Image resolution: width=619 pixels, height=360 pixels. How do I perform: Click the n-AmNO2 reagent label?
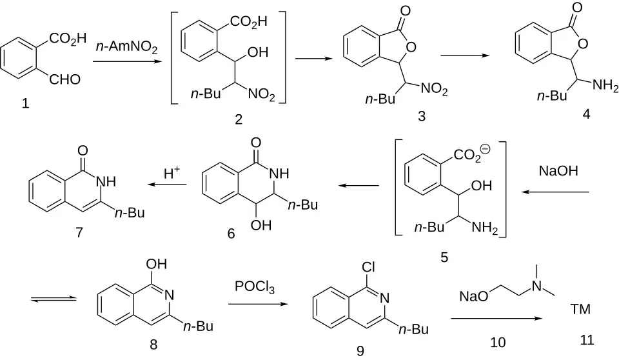[126, 48]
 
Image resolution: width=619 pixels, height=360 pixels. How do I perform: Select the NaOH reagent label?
[558, 171]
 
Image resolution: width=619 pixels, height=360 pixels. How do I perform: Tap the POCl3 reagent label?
[255, 287]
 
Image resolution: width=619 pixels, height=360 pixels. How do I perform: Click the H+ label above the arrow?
[172, 173]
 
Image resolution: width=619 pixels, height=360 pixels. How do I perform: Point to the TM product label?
[580, 308]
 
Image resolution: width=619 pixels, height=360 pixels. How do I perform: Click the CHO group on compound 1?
[64, 79]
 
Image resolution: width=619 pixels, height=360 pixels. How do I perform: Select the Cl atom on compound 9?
[368, 268]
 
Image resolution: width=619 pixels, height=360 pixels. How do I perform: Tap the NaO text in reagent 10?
[474, 296]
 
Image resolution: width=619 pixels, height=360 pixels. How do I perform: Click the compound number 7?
[79, 232]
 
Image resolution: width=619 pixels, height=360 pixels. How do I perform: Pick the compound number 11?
[587, 340]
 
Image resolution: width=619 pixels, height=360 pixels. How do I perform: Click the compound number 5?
[444, 257]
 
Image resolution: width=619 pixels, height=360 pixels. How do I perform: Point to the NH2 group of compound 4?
[605, 85]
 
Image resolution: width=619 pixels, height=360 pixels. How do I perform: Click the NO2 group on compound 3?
[434, 89]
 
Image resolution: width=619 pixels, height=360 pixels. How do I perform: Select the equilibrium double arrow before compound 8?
[54, 299]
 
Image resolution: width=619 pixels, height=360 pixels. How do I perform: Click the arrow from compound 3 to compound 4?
[465, 55]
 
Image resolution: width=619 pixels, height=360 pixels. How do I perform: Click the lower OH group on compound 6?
[261, 225]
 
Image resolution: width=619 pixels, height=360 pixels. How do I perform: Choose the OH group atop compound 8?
[156, 264]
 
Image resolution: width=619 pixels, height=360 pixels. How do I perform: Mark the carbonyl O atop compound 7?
[83, 150]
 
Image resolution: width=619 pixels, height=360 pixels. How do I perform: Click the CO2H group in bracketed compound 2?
[248, 21]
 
